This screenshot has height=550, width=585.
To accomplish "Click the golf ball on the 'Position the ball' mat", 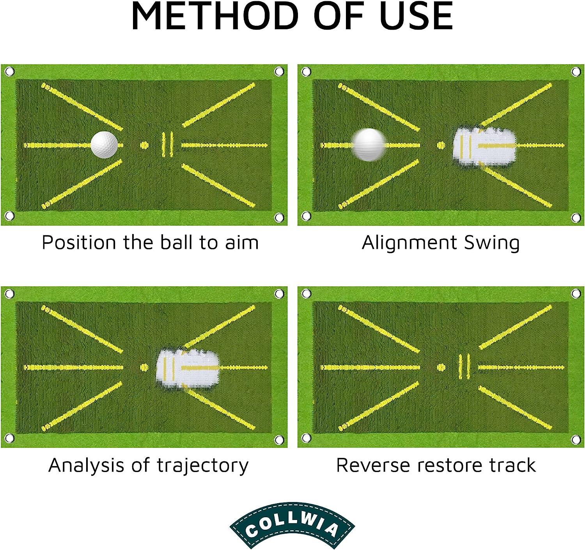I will coord(104,144).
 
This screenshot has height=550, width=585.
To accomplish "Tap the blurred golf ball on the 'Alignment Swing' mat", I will coord(369,144).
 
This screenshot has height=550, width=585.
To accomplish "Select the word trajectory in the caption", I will coord(203,465).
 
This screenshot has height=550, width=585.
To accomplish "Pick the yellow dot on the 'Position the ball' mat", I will coord(144,145).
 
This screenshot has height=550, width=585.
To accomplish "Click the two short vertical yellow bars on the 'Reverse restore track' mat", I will coord(464,367).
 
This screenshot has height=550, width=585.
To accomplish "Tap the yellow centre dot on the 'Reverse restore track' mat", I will coord(441,367).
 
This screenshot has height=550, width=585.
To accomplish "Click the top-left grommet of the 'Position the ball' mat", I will coord(9,71).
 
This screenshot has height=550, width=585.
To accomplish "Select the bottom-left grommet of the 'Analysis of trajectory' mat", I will coord(9,438).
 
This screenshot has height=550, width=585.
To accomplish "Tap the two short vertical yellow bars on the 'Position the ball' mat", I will coord(167,144).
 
